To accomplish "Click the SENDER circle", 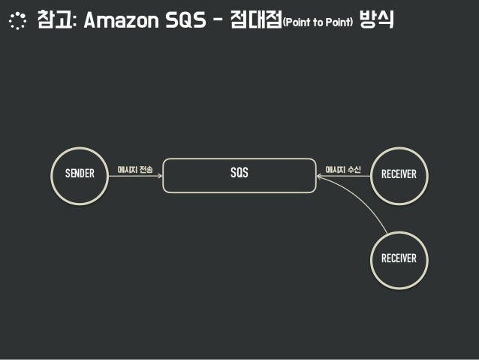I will pyautogui.click(x=80, y=174).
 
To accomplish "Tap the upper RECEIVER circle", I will pyautogui.click(x=399, y=174).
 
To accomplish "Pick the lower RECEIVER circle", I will pyautogui.click(x=399, y=259).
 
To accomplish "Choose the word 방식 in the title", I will pyautogui.click(x=378, y=20).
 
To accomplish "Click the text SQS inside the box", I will pyautogui.click(x=239, y=174).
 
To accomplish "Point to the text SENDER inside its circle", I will pyautogui.click(x=80, y=174).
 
